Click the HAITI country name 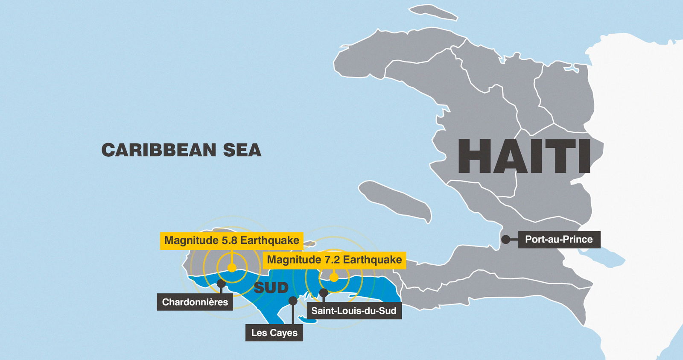tap(524, 156)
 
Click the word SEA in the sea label tap(242, 150)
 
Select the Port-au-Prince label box tap(559, 240)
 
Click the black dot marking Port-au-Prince tap(505, 240)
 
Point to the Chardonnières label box tap(195, 302)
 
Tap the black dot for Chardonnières tap(221, 283)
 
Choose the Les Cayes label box tap(274, 333)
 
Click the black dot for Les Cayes tap(293, 301)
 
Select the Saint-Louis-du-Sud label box tap(354, 310)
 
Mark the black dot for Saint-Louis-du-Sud tap(324, 293)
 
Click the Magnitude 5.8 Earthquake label tap(232, 240)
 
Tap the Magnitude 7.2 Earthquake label tap(334, 260)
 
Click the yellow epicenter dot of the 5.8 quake tap(232, 268)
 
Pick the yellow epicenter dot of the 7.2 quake tap(334, 278)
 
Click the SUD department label tap(271, 288)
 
